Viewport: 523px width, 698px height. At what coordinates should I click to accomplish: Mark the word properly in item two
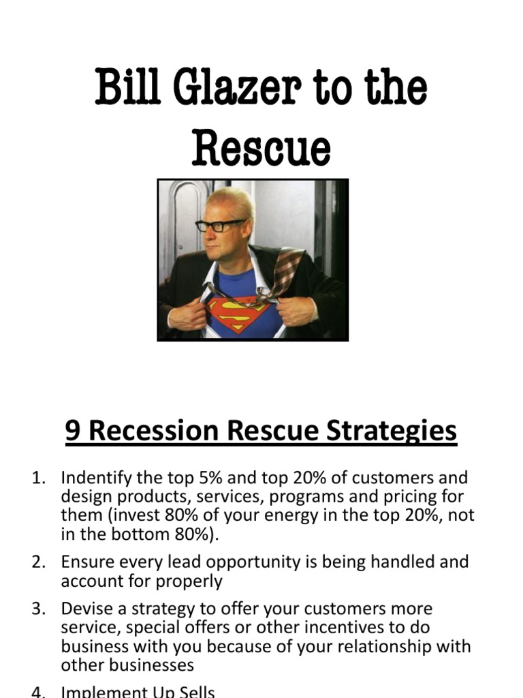191,581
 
